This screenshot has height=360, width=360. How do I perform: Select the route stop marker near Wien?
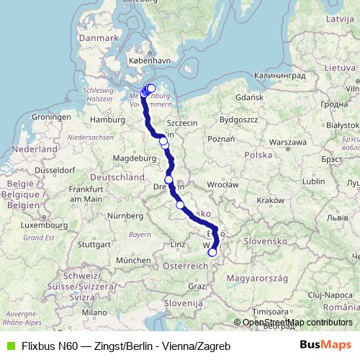click(x=212, y=252)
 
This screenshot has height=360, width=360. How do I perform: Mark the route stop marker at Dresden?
click(x=168, y=180)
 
